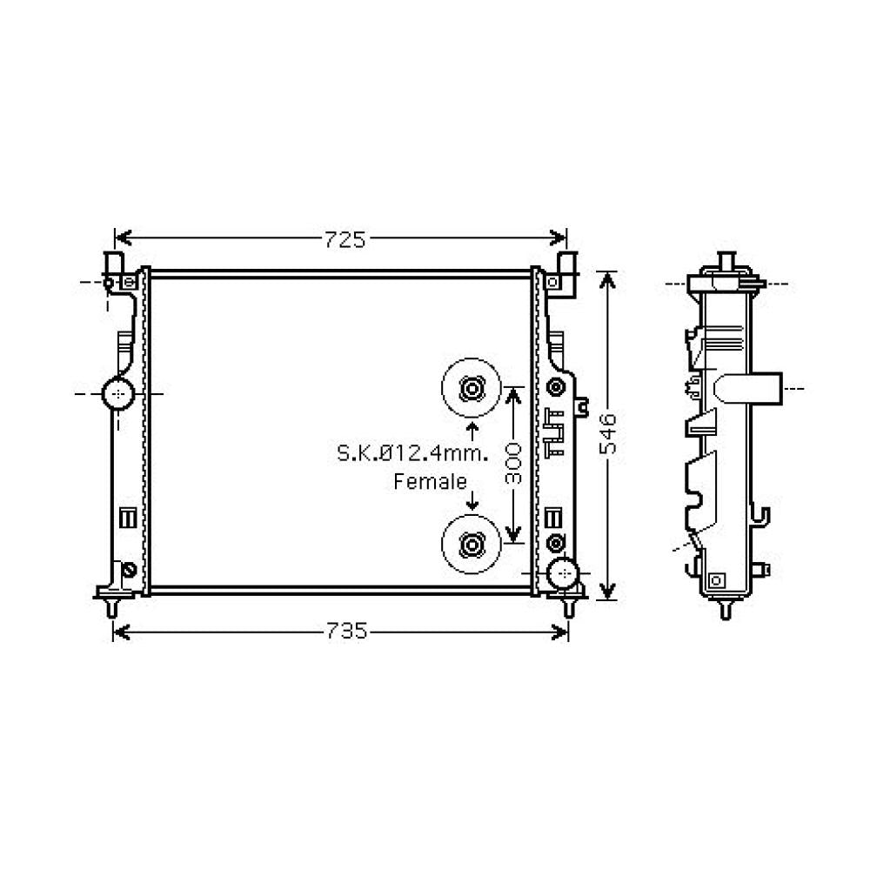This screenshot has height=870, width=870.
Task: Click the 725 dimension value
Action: (345, 240)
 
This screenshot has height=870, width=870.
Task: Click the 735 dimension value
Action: (345, 631)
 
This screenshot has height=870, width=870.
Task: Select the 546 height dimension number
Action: (608, 434)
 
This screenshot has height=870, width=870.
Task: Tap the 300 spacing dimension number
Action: (513, 464)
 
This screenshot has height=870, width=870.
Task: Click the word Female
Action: (430, 482)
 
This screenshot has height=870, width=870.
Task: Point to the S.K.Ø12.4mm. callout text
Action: (412, 452)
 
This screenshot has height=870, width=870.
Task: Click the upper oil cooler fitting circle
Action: (471, 388)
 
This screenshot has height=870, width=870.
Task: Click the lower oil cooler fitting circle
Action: (471, 545)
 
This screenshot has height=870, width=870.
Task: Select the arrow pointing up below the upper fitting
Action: (472, 432)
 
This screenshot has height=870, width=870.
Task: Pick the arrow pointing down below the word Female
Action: (472, 499)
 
